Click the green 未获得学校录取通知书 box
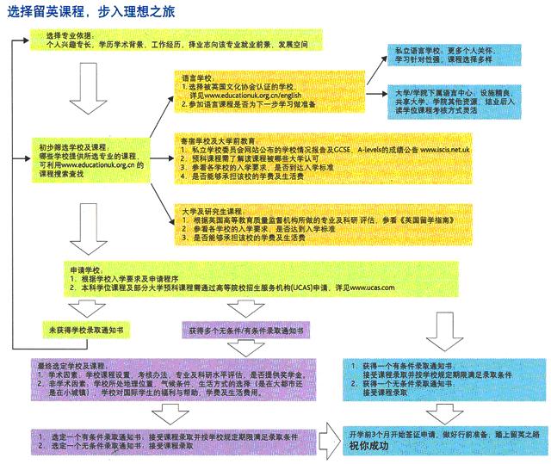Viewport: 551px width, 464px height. (x=87, y=330)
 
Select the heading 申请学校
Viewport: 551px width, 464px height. (x=86, y=269)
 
